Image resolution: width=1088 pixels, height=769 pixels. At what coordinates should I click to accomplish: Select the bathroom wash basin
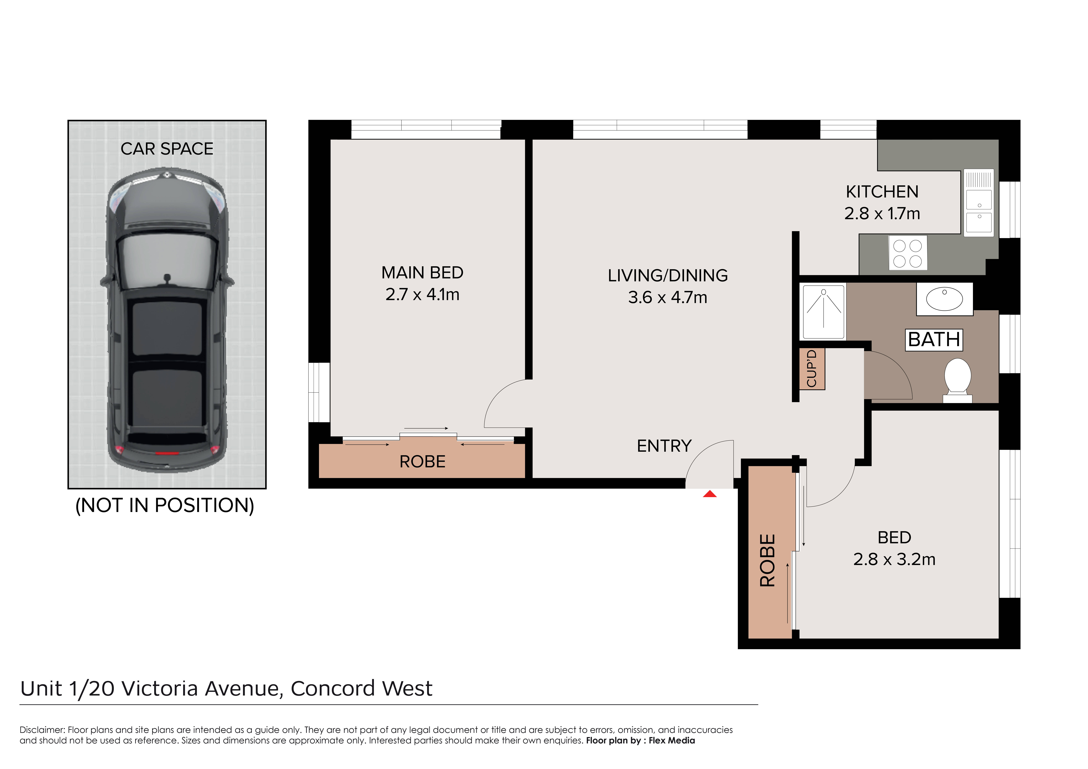(x=944, y=299)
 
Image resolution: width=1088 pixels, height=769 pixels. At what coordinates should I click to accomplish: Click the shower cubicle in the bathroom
(x=824, y=311)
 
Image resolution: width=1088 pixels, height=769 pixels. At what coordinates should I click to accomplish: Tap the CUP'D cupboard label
(x=812, y=369)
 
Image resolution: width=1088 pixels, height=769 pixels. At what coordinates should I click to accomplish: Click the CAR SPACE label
(x=167, y=149)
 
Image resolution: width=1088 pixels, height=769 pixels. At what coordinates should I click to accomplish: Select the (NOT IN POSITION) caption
(x=165, y=505)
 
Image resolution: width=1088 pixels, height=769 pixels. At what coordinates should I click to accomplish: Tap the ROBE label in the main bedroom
(x=422, y=461)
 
